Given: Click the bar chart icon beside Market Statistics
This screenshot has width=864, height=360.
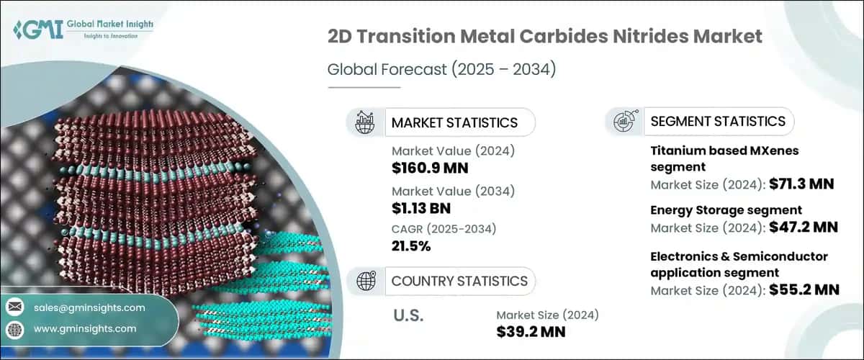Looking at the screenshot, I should click(364, 122).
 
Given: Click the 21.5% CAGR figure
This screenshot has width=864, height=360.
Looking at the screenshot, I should click(411, 246).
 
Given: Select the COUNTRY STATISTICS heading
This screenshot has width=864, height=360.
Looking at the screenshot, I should click(459, 281).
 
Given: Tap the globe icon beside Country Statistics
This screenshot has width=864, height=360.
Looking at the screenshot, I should click(364, 281).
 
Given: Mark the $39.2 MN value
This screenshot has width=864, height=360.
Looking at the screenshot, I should click(531, 331).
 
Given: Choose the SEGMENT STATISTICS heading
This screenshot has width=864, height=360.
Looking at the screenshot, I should click(717, 121).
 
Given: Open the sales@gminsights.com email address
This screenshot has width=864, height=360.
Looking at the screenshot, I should click(89, 307).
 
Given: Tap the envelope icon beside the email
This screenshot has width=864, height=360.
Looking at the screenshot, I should click(15, 307).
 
